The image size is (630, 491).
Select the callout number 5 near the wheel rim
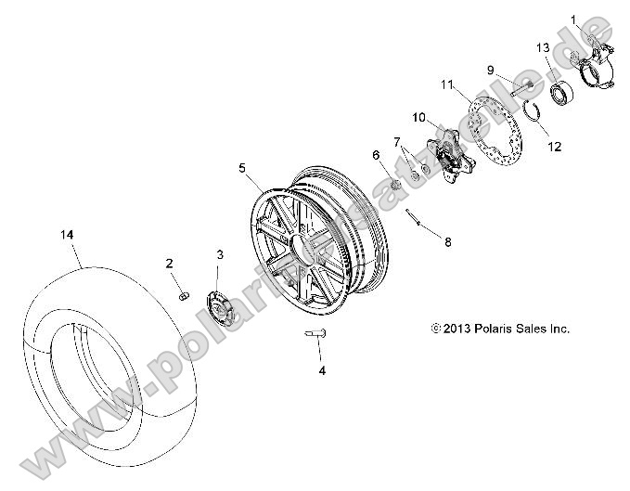[243, 167]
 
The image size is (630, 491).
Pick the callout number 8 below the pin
[447, 242]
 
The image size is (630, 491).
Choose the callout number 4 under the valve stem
[322, 370]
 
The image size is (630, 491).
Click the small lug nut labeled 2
[184, 295]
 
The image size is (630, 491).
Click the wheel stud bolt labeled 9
[521, 90]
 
